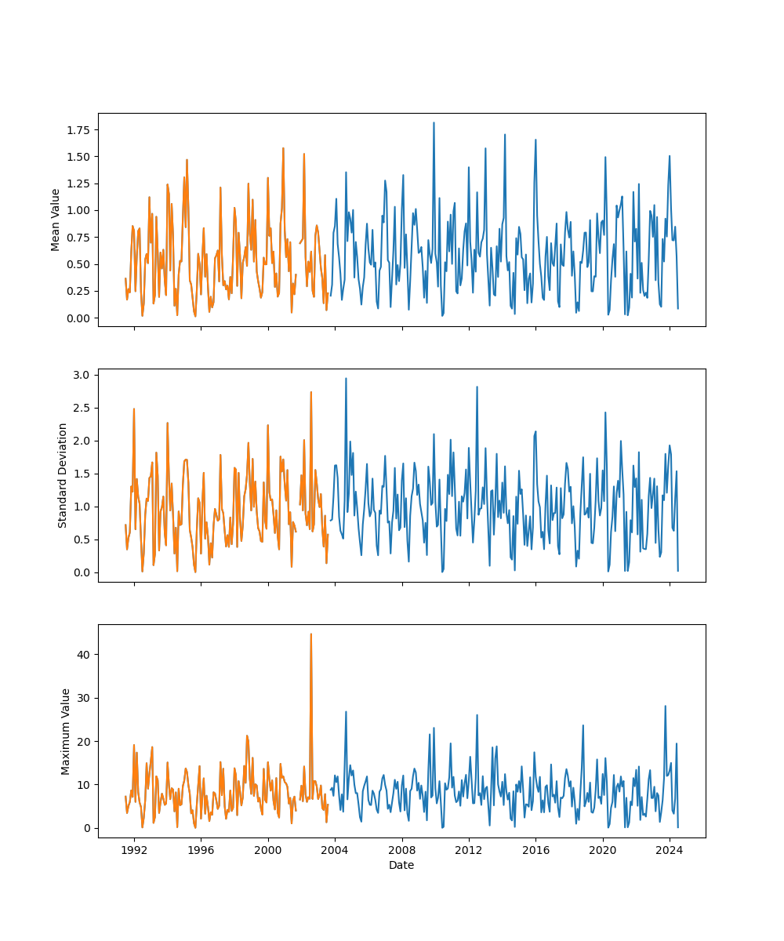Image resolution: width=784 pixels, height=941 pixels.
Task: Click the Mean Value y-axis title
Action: click(x=56, y=220)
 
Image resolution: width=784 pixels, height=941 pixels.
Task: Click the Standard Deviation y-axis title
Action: click(x=63, y=475)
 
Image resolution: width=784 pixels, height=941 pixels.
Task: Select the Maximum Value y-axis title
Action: click(x=66, y=732)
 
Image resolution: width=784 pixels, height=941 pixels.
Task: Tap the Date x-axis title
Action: click(x=401, y=865)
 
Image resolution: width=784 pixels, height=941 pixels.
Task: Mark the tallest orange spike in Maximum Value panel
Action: click(x=310, y=634)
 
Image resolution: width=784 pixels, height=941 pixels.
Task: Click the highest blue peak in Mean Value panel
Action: click(x=434, y=123)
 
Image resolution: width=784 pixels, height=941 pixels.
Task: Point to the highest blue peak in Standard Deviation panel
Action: click(x=346, y=379)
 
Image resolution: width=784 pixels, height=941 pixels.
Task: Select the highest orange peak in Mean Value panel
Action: click(x=283, y=148)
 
